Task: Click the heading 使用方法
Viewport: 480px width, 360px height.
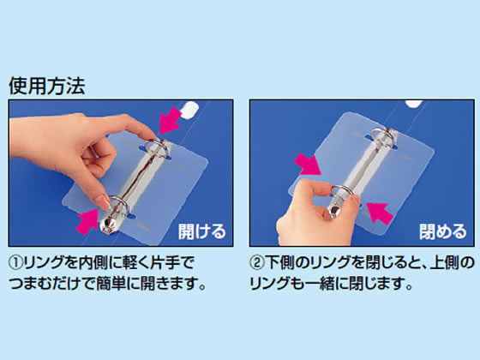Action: pos(47,86)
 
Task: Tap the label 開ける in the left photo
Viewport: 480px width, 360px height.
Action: pos(202,231)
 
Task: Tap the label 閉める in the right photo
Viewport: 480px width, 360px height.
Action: pos(443,231)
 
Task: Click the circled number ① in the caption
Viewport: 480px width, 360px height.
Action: pos(15,263)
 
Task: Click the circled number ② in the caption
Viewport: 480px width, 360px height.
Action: pos(257,263)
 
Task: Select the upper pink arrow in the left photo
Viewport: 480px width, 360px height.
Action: pos(172,120)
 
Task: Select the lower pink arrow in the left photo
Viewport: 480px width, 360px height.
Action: pos(87,221)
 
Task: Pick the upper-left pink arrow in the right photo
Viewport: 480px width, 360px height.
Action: pos(308,165)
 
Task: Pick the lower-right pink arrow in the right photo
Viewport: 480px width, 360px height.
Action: pos(380,213)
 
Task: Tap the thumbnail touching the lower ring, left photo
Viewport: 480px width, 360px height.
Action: pos(103,202)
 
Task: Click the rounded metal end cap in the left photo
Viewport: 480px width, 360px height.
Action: pos(108,226)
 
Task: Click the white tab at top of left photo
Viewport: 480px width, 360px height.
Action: pos(189,110)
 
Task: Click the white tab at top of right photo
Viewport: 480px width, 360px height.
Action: pos(414,104)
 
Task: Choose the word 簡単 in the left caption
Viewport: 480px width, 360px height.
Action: pos(110,284)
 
